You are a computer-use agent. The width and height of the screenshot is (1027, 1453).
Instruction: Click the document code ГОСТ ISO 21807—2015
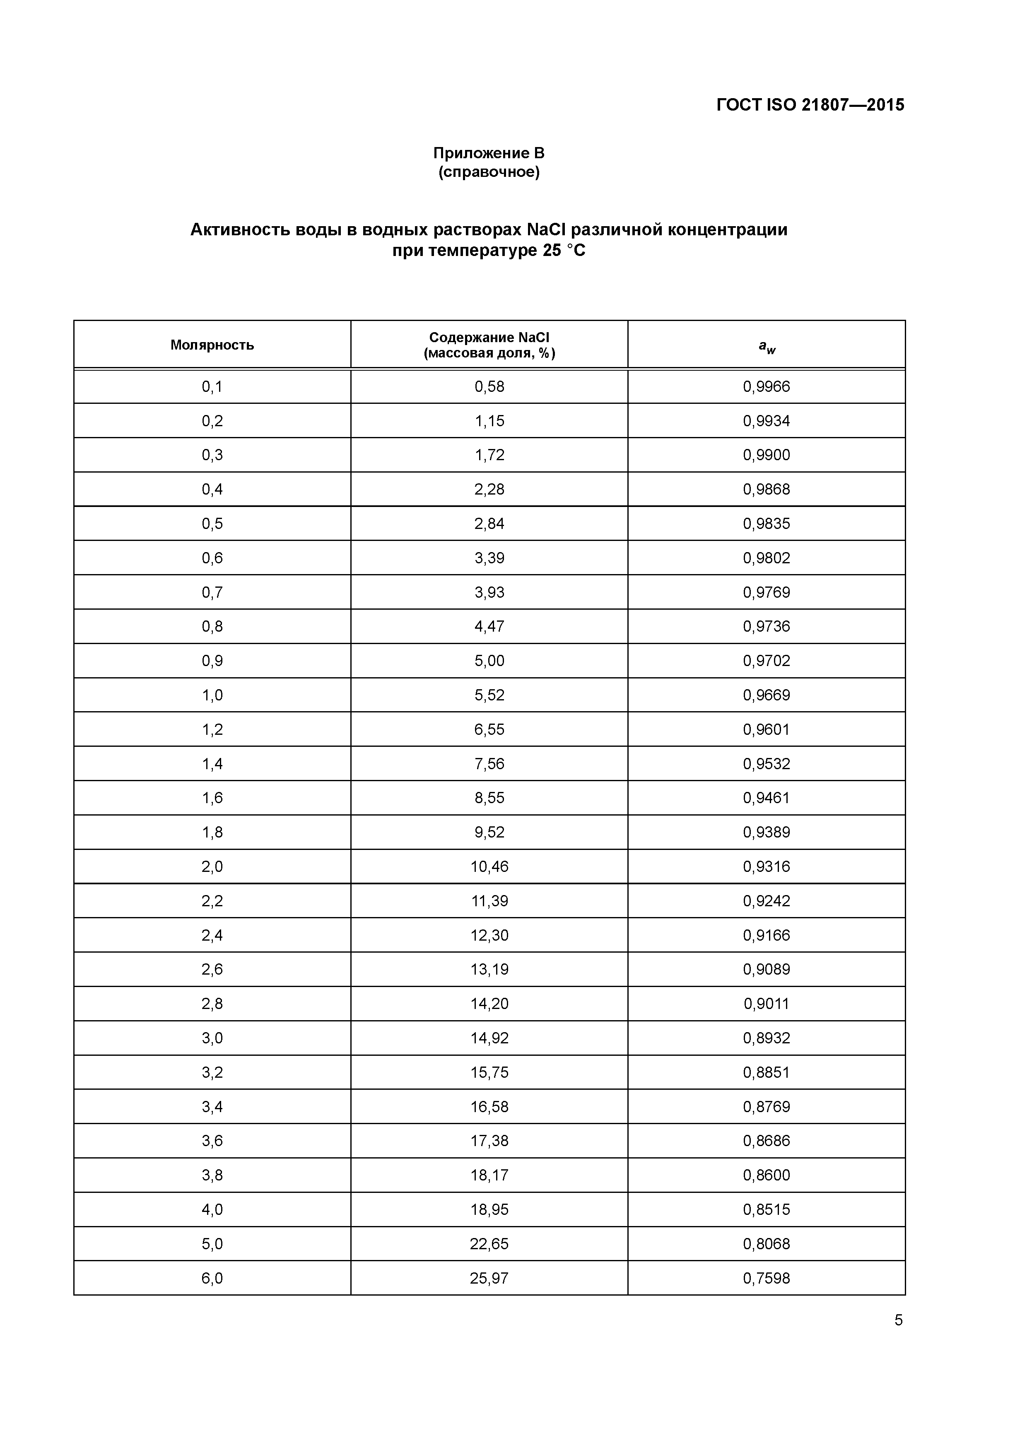[810, 105]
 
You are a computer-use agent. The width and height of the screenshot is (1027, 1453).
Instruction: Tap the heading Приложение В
[489, 153]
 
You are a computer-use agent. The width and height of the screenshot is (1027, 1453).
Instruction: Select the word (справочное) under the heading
[489, 172]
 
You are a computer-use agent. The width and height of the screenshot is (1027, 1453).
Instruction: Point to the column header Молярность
[212, 345]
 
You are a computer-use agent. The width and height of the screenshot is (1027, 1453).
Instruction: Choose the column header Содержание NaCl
[489, 337]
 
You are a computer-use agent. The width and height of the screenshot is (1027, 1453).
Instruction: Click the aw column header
[767, 346]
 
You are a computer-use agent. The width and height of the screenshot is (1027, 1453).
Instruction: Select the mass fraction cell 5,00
[489, 661]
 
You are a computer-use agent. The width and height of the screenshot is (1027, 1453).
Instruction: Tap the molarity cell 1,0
[212, 695]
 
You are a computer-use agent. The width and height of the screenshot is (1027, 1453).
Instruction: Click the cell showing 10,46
[489, 866]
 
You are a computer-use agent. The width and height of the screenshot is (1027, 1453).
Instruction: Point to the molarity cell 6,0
[212, 1278]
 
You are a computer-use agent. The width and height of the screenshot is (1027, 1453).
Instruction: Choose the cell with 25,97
[489, 1278]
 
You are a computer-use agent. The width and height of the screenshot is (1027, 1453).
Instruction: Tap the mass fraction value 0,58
[489, 387]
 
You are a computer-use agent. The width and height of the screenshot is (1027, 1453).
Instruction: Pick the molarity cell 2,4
[212, 935]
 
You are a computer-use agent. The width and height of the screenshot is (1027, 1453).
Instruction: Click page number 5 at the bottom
[898, 1320]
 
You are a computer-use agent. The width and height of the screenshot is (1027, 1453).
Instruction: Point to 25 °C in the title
[563, 251]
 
